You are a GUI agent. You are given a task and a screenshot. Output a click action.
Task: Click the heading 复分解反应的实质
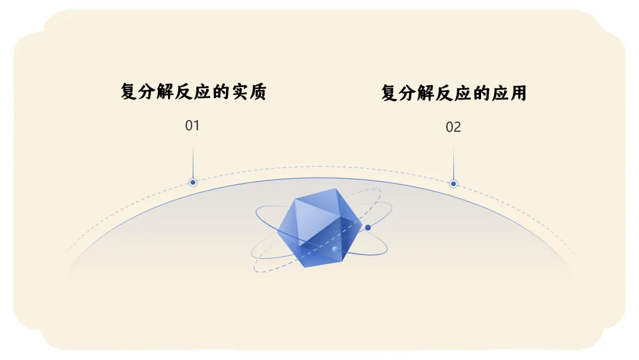point(193,92)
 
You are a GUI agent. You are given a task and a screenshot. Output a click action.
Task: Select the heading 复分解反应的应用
point(454,93)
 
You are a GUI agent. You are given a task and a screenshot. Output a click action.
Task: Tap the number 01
point(192,126)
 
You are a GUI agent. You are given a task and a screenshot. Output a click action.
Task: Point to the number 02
point(453,127)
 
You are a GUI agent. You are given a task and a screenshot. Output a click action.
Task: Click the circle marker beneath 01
point(193,182)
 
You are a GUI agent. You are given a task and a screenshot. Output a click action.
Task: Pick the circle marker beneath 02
point(453,184)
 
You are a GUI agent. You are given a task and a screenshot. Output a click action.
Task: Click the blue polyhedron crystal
point(319,228)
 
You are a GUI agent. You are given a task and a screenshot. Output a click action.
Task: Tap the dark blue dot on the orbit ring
point(368,227)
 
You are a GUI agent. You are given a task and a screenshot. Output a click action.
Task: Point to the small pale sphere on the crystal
point(335,249)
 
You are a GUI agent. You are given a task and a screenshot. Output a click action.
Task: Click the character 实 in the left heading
point(239,92)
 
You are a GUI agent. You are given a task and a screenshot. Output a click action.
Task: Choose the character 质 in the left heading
point(257,92)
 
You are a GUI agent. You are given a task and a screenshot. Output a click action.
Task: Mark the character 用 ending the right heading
point(518,93)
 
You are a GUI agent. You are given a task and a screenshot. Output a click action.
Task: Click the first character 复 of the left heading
point(130,92)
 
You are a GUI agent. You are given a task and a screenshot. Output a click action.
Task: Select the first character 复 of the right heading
point(390,93)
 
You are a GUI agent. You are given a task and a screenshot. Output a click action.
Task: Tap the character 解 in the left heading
point(166,92)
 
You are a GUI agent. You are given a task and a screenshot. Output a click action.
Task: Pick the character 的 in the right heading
point(481,93)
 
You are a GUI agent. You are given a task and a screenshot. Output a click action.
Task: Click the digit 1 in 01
point(196,126)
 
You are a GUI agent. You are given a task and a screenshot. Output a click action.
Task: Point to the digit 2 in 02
point(457,127)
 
